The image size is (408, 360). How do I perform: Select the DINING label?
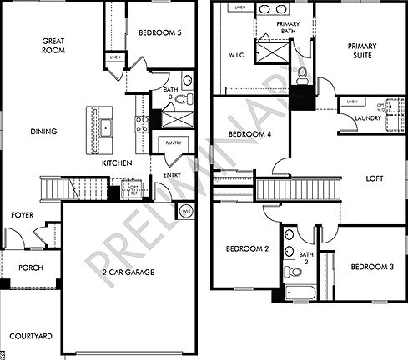(x=43, y=131)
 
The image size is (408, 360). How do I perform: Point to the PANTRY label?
(x=174, y=142)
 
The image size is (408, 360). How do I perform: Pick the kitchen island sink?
(x=106, y=127)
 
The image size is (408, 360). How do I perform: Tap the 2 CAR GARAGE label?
(x=125, y=270)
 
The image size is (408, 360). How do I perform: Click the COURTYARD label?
(x=31, y=337)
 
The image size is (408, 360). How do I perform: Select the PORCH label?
(x=30, y=267)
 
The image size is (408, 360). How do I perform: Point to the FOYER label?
(x=22, y=215)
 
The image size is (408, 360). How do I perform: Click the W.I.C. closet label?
(x=236, y=57)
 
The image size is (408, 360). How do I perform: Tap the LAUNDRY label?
(x=368, y=118)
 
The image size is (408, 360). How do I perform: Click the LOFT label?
(x=375, y=178)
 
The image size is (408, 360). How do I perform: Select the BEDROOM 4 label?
(x=249, y=133)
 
